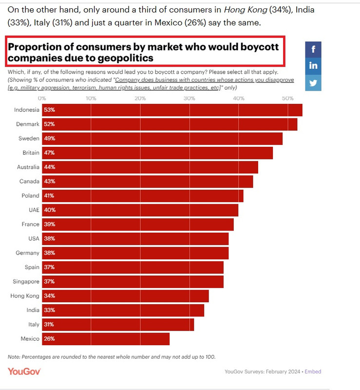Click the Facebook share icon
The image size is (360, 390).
pos(313,49)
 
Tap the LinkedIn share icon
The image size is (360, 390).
pos(313,66)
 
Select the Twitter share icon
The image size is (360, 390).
pos(313,83)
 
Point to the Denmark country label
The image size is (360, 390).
pos(28,124)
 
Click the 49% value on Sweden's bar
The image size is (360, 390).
pos(50,138)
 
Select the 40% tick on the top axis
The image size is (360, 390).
pos(238,98)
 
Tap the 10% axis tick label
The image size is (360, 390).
pos(91,98)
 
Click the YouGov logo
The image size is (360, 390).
pos(24,371)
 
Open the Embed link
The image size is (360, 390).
pos(313,371)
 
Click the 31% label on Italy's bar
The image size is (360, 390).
pos(50,325)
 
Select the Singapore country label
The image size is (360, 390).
pos(26,282)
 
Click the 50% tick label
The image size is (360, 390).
pos(287,98)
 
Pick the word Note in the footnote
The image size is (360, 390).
pos(14,357)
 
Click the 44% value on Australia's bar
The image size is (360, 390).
pos(50,167)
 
